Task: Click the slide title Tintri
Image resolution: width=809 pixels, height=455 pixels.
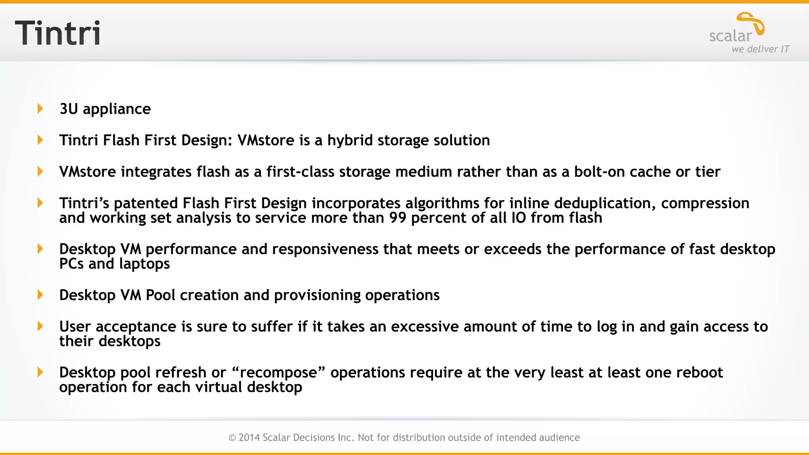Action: [58, 33]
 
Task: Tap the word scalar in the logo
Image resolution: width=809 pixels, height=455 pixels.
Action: [730, 36]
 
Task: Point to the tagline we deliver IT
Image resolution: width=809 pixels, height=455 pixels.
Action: [760, 49]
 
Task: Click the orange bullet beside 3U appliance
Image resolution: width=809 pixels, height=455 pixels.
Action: [40, 109]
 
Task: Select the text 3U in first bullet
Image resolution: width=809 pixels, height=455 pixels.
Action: [69, 109]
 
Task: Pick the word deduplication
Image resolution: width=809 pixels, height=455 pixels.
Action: [602, 203]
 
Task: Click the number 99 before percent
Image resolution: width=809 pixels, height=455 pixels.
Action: [397, 218]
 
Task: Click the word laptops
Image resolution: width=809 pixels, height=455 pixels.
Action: [144, 264]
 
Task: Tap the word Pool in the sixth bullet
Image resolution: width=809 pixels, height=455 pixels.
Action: [160, 295]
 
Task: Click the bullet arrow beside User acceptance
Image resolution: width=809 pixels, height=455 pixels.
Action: [40, 326]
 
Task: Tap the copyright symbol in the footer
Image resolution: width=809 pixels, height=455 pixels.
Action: [232, 438]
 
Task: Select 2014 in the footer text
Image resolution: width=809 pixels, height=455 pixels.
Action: [249, 438]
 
